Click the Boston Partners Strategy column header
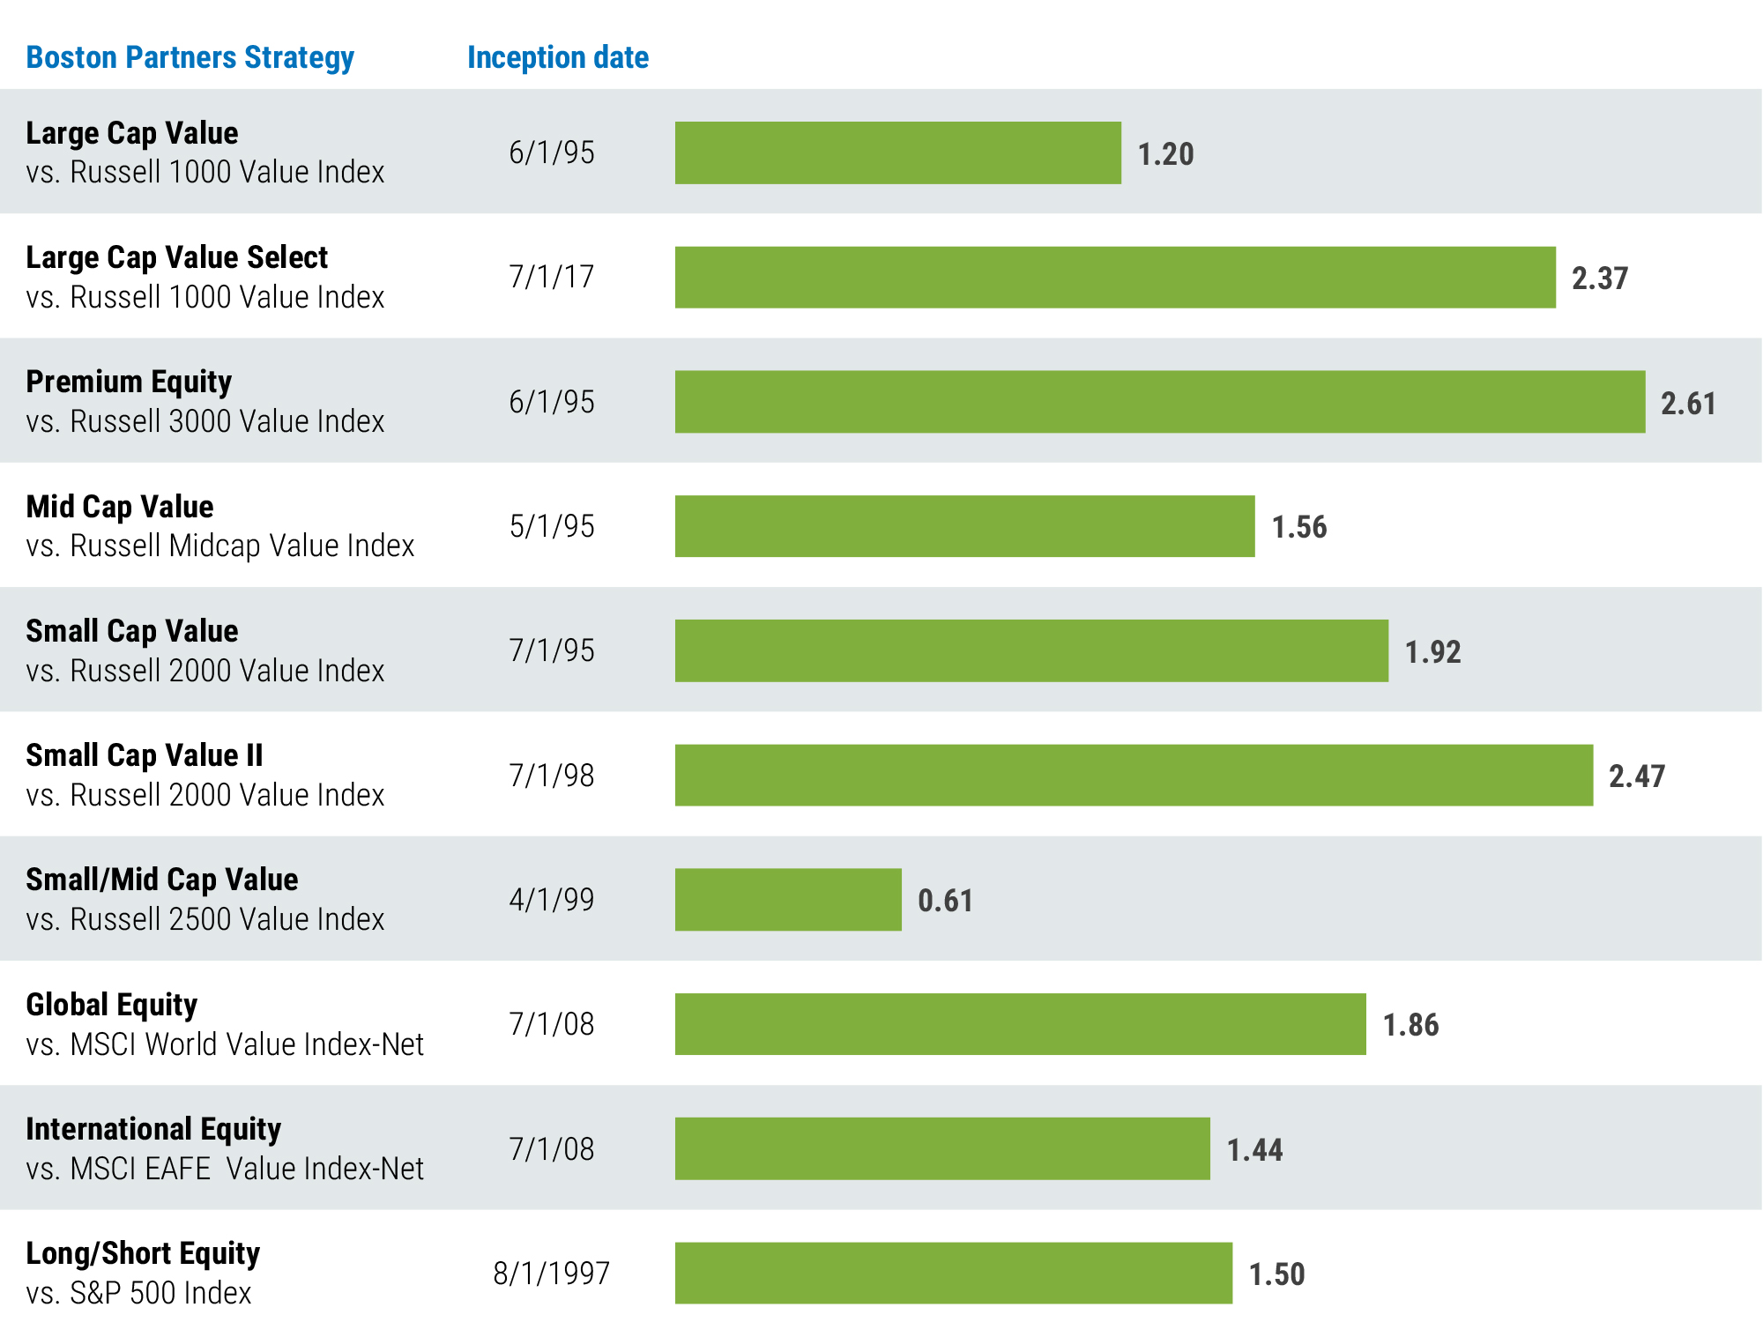pyautogui.click(x=190, y=57)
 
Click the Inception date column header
pyautogui.click(x=557, y=57)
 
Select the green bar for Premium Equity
pyautogui.click(x=1159, y=402)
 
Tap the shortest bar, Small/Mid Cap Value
pyautogui.click(x=788, y=900)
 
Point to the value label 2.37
pyautogui.click(x=1599, y=279)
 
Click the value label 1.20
pyautogui.click(x=1165, y=154)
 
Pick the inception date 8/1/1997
pyautogui.click(x=551, y=1274)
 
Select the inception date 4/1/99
pyautogui.click(x=551, y=900)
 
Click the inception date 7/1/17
pyautogui.click(x=551, y=277)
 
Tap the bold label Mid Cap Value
pyautogui.click(x=120, y=507)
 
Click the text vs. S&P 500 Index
pyautogui.click(x=138, y=1293)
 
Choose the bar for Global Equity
pyautogui.click(x=1020, y=1024)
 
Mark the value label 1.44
pyautogui.click(x=1254, y=1150)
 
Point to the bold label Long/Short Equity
pyautogui.click(x=143, y=1253)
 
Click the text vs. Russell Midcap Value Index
pyautogui.click(x=220, y=546)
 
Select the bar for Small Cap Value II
pyautogui.click(x=1134, y=776)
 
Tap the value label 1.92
pyautogui.click(x=1432, y=652)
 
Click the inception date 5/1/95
pyautogui.click(x=551, y=526)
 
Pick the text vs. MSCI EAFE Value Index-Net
pyautogui.click(x=225, y=1169)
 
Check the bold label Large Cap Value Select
pyautogui.click(x=176, y=257)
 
